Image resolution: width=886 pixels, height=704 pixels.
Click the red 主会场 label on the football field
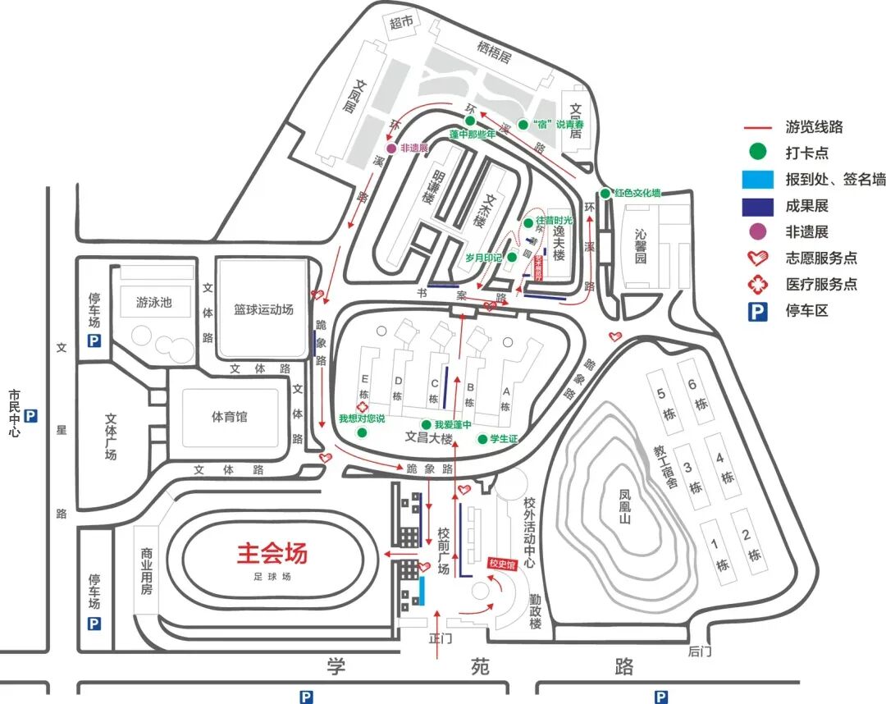coord(272,554)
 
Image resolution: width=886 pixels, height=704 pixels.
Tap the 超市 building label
coord(401,24)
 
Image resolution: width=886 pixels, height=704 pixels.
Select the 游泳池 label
coord(154,302)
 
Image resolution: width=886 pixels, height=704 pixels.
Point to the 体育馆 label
coord(230,417)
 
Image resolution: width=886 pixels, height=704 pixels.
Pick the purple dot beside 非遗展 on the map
coord(392,149)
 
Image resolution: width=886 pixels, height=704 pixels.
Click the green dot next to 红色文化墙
coord(605,194)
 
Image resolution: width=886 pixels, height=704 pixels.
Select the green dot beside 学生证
coord(482,439)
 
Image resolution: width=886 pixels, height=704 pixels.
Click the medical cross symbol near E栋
coord(359,407)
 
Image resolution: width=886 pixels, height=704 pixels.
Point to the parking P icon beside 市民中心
coord(31,417)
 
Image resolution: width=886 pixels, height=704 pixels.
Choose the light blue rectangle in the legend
coord(756,180)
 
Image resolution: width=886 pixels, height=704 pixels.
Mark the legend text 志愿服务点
coord(821,258)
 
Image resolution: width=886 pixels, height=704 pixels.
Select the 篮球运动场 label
coord(263,310)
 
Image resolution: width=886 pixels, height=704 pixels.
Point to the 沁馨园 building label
coord(642,246)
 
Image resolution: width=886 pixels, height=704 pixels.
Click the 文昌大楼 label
coord(429,439)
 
